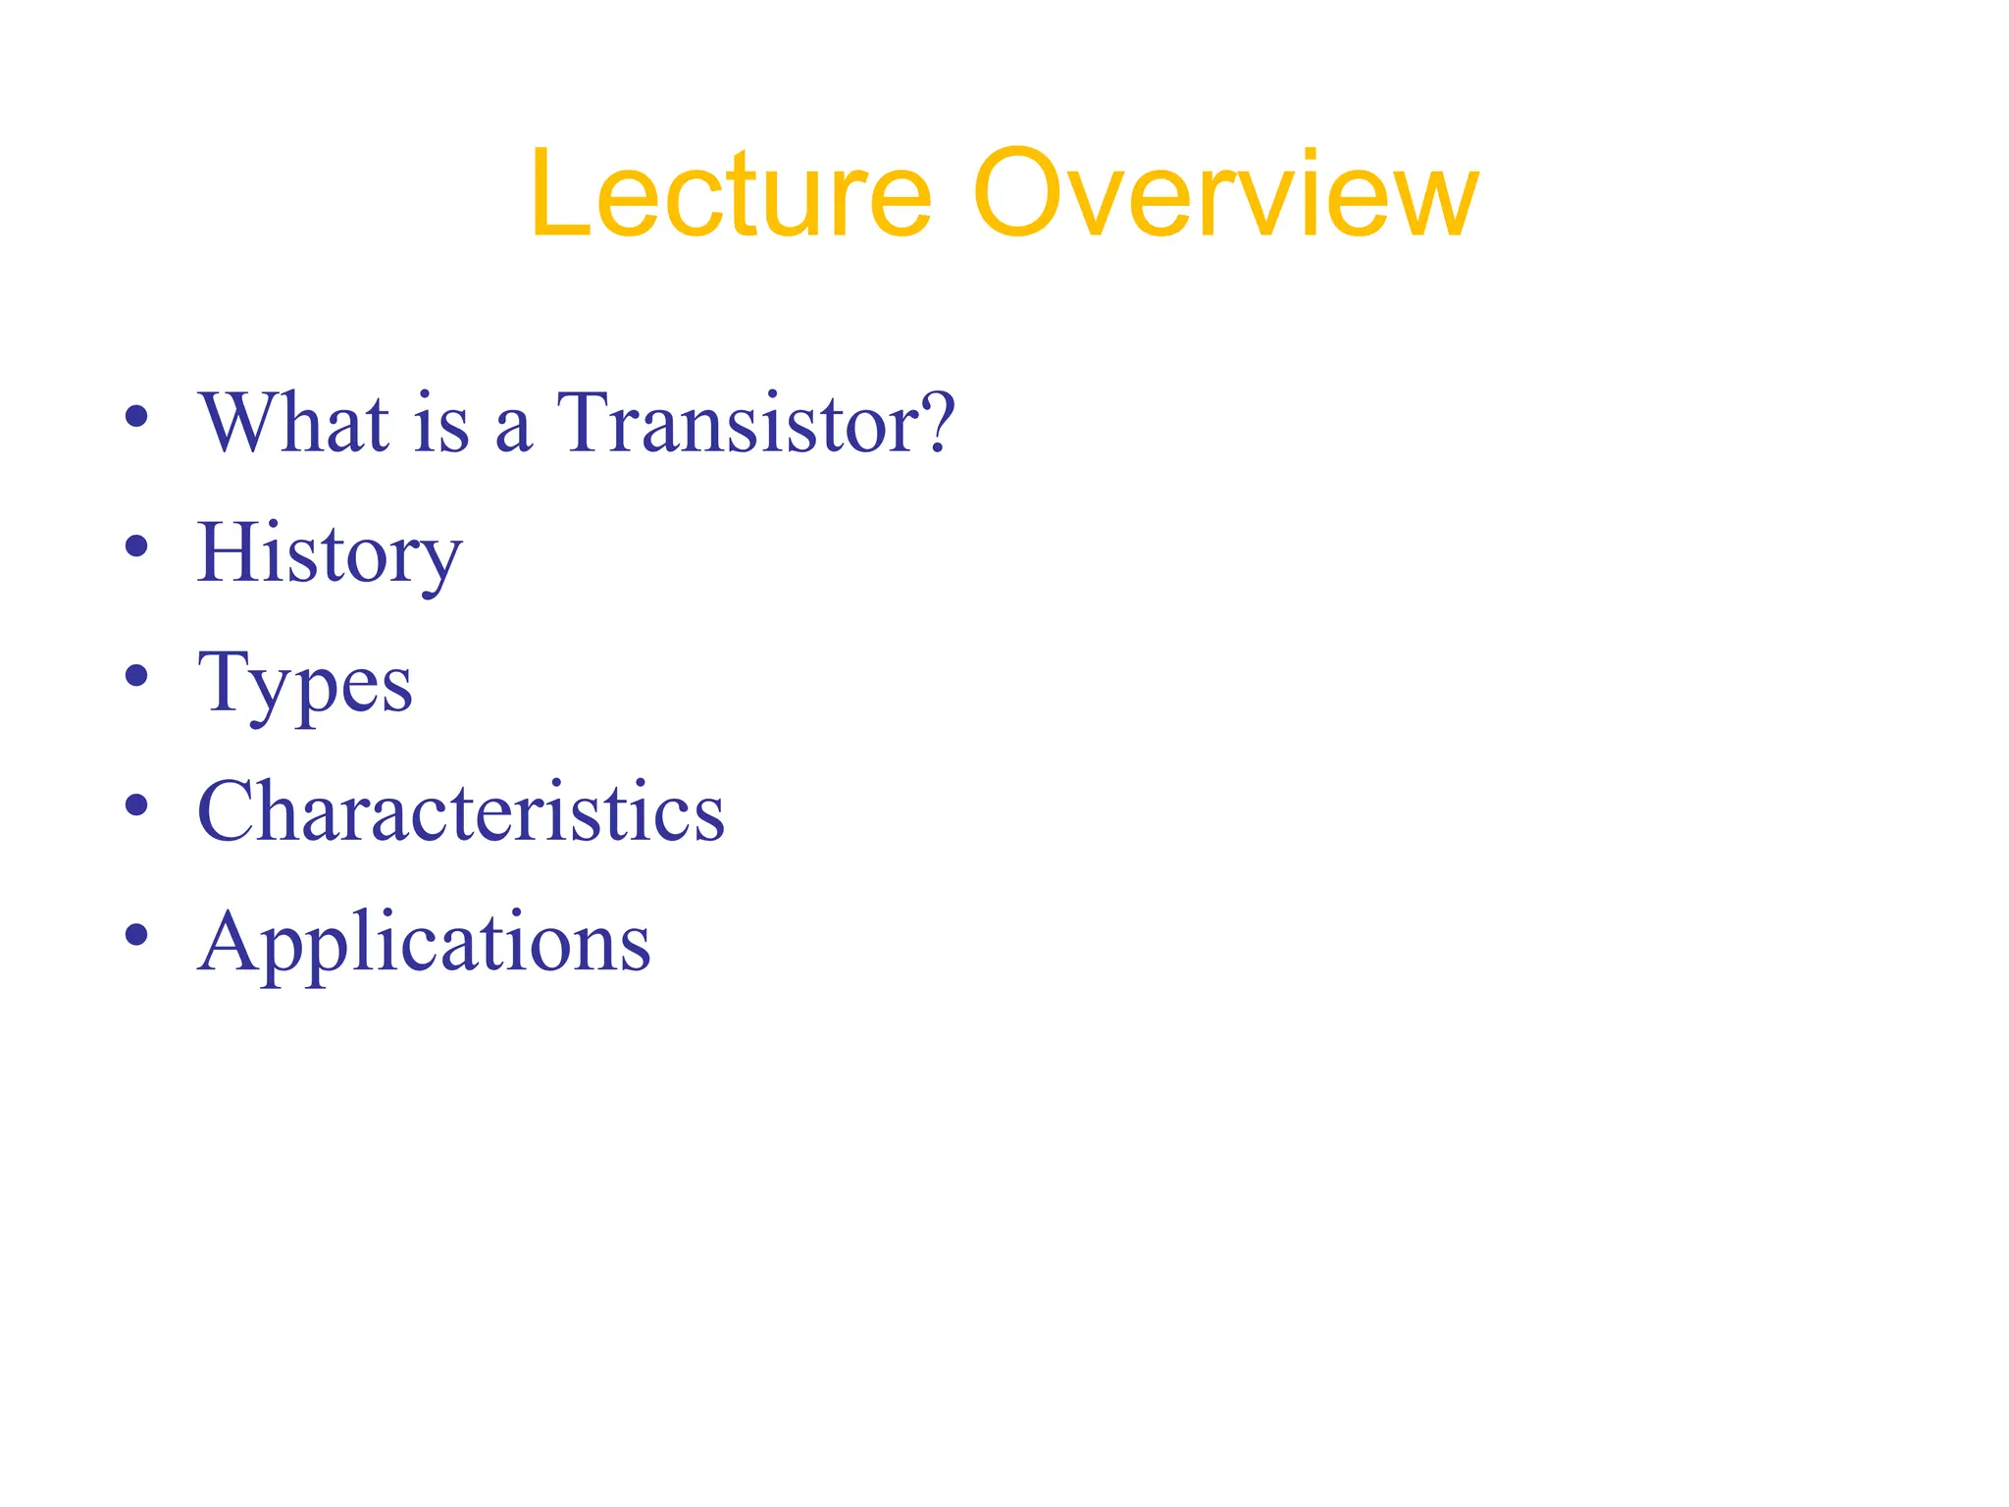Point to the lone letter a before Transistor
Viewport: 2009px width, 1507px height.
(x=512, y=432)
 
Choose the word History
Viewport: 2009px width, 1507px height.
(x=329, y=554)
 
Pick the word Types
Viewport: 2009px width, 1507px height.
(x=305, y=685)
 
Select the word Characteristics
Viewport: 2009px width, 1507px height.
(x=461, y=812)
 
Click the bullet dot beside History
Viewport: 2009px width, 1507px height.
(x=136, y=546)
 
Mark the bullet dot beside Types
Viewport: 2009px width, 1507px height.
(x=136, y=676)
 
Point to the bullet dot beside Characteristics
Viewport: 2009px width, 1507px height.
(x=136, y=805)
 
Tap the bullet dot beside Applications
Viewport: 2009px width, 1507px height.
(x=136, y=935)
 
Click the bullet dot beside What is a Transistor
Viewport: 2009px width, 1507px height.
(x=136, y=416)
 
